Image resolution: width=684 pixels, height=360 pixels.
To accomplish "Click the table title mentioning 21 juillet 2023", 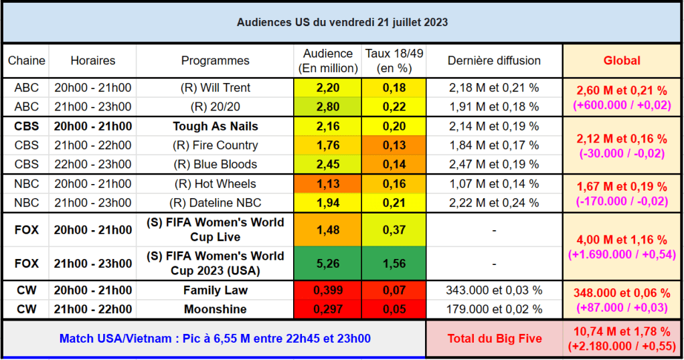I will [342, 22].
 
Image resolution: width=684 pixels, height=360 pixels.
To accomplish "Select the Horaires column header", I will [92, 60].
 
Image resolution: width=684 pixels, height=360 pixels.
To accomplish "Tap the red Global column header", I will [622, 60].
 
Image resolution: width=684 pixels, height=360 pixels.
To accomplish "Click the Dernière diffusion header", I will [494, 60].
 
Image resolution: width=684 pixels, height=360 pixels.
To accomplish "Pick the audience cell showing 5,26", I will [327, 264].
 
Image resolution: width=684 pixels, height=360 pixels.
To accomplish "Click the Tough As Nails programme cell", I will [215, 126].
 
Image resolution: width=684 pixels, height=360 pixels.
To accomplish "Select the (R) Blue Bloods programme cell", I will [215, 164].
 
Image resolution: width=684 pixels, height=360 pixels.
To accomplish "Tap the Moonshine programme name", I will [215, 309].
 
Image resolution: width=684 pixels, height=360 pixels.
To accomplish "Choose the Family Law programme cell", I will [215, 290].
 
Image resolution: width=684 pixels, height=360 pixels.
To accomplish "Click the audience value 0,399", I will [327, 290].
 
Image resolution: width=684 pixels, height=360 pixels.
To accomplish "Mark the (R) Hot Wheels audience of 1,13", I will [327, 184].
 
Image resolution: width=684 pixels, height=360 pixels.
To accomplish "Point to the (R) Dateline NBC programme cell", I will [215, 203].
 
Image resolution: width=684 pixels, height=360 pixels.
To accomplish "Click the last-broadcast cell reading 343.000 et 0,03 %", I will [494, 290].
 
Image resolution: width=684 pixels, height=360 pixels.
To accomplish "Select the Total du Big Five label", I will [495, 339].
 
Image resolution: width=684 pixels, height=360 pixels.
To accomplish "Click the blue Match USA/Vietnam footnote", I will [215, 339].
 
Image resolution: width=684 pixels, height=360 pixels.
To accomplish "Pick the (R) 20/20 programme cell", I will [215, 106].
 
